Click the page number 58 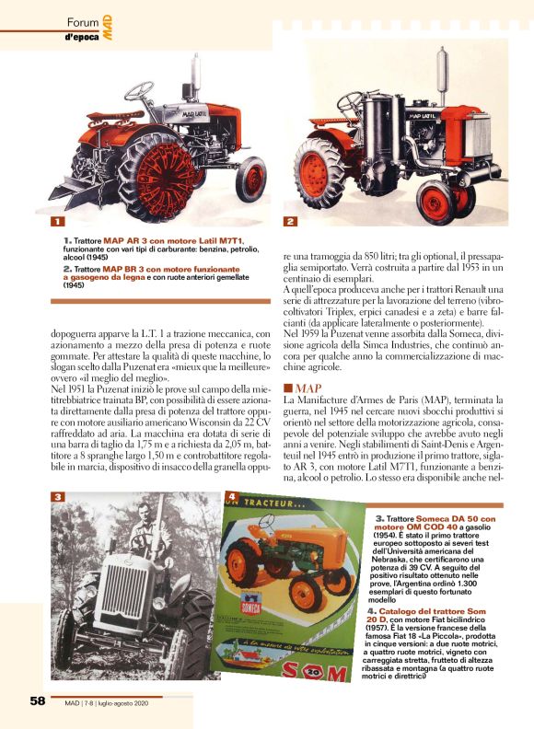[37, 700]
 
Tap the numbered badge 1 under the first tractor [57, 222]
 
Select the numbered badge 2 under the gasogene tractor [290, 222]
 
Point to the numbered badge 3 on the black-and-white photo [57, 496]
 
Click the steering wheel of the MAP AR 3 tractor [139, 90]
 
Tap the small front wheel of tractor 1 [250, 179]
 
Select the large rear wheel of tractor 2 [319, 173]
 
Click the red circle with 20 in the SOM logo [315, 671]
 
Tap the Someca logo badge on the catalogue [250, 606]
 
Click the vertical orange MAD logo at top [108, 28]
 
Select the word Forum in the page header [83, 22]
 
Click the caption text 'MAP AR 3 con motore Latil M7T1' [173, 241]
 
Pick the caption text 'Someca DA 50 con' [456, 518]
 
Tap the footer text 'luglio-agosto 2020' [122, 703]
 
